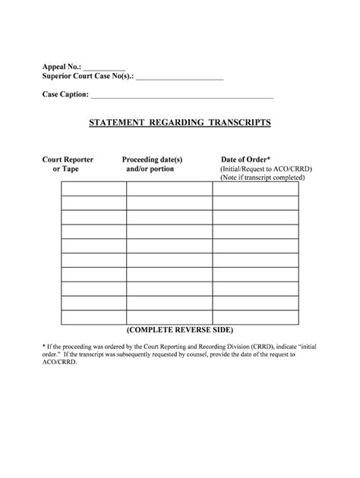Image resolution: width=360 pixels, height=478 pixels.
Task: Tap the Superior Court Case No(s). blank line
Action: click(x=179, y=79)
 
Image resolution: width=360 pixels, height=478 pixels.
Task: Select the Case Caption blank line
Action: click(x=182, y=98)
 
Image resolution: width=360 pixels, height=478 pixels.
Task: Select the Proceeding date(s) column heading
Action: click(x=153, y=159)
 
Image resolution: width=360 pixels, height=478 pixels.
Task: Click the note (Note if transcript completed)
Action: click(x=263, y=178)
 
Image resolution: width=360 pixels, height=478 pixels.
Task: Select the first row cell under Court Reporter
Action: click(x=93, y=189)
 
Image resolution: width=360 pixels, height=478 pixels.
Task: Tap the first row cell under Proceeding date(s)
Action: click(x=169, y=189)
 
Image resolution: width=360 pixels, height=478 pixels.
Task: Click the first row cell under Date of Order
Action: click(x=255, y=189)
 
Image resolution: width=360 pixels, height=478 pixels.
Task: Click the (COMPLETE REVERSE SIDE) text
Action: click(x=180, y=332)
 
